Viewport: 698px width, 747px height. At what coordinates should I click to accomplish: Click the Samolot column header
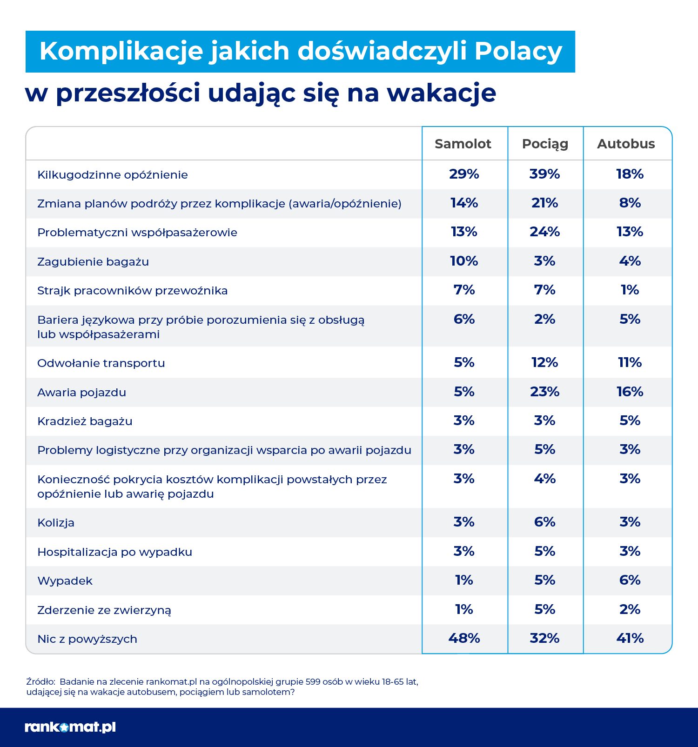click(463, 144)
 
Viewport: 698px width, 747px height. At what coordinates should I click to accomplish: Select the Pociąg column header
click(545, 144)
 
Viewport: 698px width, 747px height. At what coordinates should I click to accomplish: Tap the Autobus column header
click(626, 144)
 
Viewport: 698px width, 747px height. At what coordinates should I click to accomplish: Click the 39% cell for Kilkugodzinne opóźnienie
click(544, 174)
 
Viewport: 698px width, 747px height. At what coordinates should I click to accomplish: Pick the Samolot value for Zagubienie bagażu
click(464, 261)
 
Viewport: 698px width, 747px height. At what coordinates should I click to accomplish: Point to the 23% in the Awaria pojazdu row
click(544, 392)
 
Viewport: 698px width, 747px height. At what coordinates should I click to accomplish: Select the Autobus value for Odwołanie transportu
click(630, 362)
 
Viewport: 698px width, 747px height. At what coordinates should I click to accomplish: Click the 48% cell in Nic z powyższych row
click(464, 638)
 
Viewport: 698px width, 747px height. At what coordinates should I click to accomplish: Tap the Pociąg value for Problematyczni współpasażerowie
click(544, 232)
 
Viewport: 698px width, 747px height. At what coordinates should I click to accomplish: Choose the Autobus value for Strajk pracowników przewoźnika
click(630, 290)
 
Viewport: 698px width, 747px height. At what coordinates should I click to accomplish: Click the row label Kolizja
click(56, 523)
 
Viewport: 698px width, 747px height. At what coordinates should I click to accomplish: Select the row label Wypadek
click(65, 581)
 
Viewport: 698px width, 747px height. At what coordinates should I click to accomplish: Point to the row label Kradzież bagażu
click(85, 421)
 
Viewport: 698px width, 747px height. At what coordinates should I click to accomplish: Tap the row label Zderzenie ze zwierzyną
click(104, 610)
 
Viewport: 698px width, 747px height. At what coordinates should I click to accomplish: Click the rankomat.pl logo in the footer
click(70, 727)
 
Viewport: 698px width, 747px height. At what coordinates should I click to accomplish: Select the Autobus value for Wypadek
click(630, 580)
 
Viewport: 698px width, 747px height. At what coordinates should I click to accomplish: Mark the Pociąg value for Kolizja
click(544, 522)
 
